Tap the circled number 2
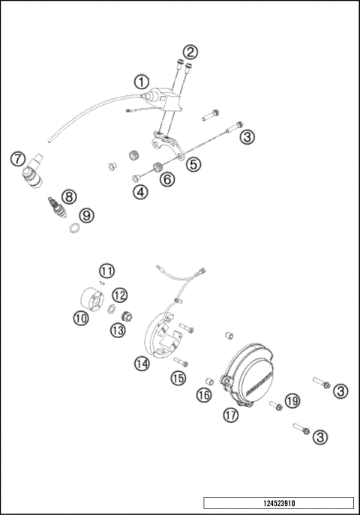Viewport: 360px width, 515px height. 191,52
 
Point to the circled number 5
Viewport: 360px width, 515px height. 193,163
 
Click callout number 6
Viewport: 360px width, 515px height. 166,178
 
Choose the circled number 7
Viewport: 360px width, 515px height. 17,158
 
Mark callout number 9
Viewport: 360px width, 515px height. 87,215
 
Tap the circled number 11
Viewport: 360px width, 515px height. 107,271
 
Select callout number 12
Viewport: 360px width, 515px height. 120,295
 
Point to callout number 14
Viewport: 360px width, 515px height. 142,364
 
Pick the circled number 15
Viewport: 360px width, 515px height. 178,379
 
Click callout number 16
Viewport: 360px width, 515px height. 203,395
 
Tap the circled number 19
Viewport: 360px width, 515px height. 292,402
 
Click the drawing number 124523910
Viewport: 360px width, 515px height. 278,502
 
